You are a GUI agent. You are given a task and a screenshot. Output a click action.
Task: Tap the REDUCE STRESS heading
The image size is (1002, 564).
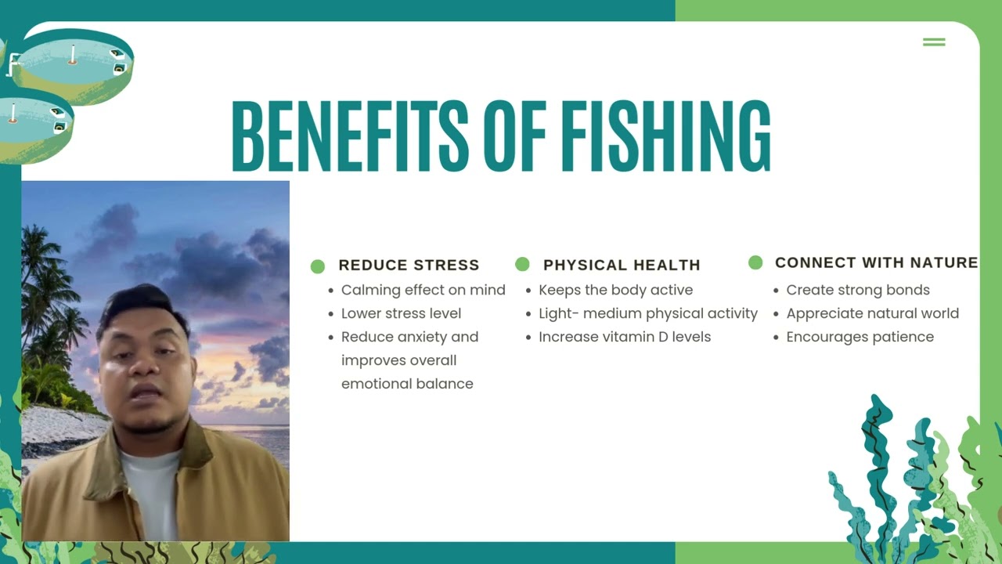pos(409,266)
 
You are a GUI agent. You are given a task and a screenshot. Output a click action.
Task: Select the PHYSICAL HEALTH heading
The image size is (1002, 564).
pos(622,266)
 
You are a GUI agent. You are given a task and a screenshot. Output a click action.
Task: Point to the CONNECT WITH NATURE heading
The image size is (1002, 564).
pos(876,262)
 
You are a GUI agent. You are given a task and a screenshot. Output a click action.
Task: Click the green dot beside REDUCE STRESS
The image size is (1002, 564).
pos(317,266)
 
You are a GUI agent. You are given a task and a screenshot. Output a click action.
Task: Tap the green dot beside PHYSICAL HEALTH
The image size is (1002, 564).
pos(522,264)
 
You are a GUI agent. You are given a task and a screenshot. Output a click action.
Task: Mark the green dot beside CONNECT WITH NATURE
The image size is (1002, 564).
pos(755,262)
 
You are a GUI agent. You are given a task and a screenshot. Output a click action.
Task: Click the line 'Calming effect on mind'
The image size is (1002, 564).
pos(423,290)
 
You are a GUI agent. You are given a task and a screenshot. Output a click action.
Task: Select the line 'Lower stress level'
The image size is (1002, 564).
pos(401,313)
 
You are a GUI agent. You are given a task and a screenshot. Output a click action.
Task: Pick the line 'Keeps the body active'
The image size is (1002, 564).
pos(615,290)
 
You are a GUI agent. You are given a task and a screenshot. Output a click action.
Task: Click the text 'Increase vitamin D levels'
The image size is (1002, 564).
pos(625,337)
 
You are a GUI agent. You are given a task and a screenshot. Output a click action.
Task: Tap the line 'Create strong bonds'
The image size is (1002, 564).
pos(858,290)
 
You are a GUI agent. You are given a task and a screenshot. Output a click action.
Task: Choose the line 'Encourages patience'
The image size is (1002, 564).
pos(860,337)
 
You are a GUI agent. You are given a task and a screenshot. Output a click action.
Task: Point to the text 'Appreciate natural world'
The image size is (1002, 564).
pos(872,313)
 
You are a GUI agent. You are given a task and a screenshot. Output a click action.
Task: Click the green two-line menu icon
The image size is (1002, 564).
pos(934,42)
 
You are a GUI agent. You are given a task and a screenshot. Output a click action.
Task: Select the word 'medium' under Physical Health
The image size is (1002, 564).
pos(618,313)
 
